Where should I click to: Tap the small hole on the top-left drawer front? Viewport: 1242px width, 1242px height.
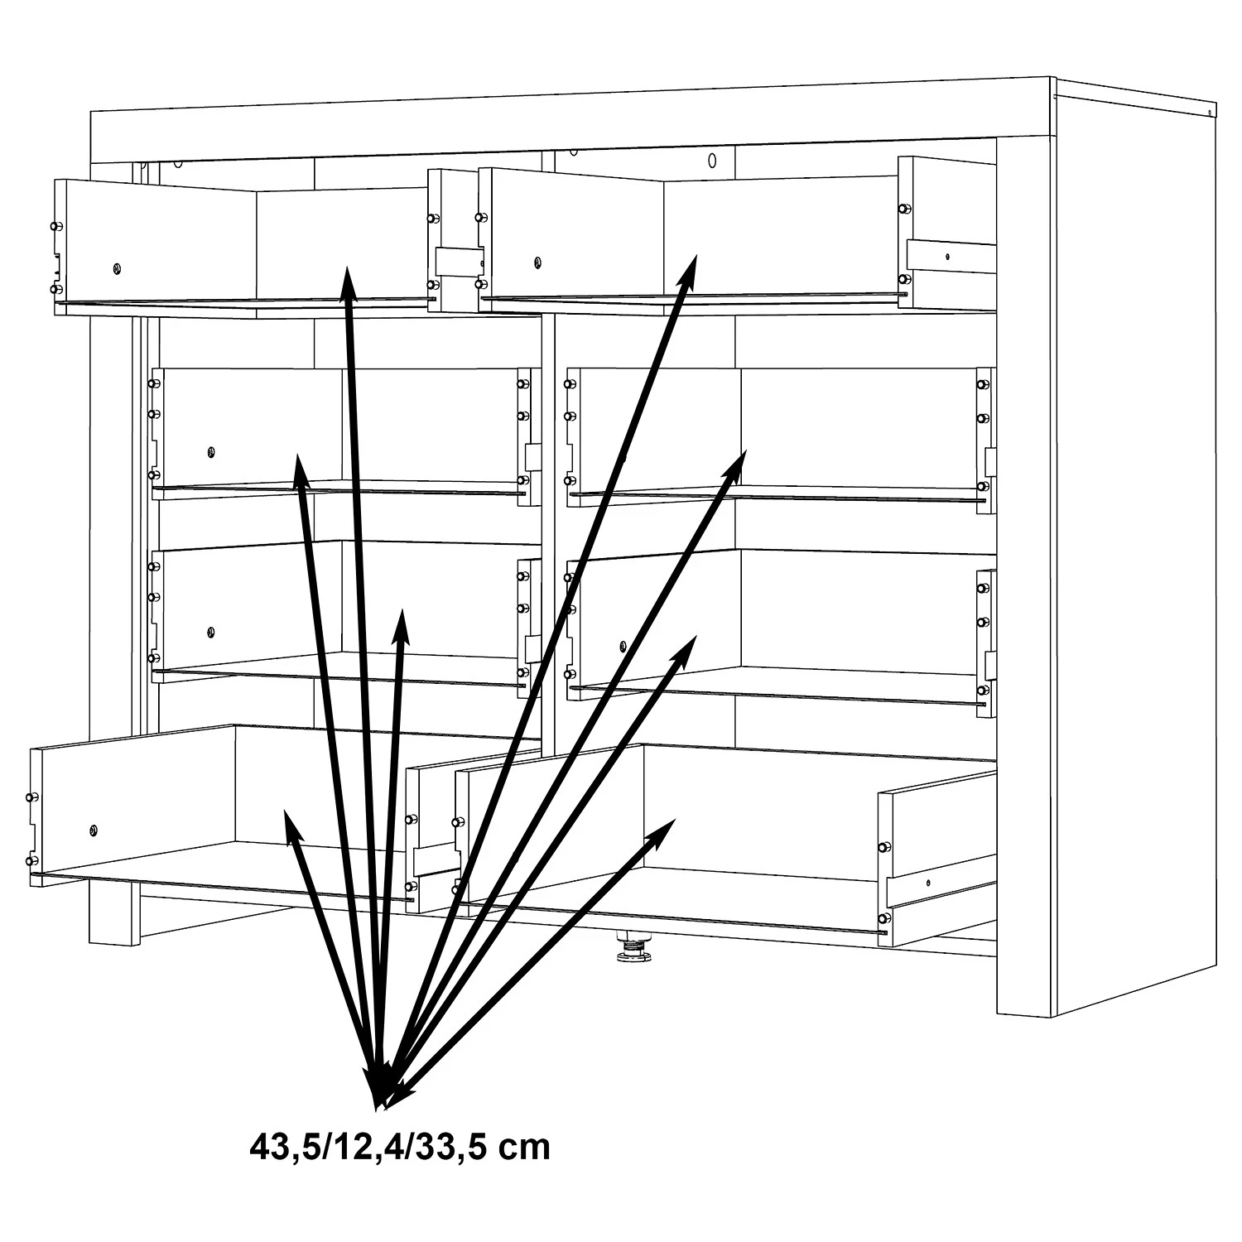pos(116,267)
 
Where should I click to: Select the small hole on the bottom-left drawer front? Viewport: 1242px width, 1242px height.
pos(92,830)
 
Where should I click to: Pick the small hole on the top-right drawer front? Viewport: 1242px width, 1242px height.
pos(537,263)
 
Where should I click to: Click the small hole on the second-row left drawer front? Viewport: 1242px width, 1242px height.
pos(211,452)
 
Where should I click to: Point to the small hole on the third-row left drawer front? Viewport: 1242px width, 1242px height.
pos(211,633)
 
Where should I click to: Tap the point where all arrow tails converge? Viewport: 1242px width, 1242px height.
pos(380,1101)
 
